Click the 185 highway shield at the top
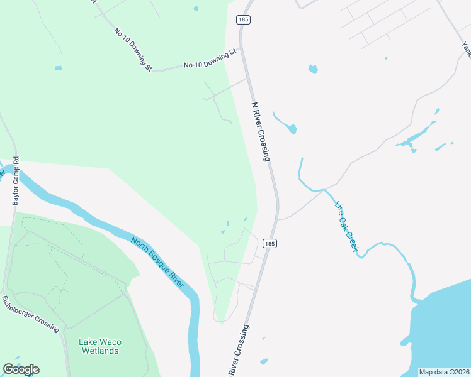pyautogui.click(x=244, y=20)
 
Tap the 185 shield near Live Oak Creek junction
pyautogui.click(x=270, y=243)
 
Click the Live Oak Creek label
pyautogui.click(x=346, y=227)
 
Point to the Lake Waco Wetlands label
pyautogui.click(x=100, y=346)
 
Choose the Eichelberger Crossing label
pyautogui.click(x=31, y=314)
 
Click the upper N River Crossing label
pyautogui.click(x=261, y=132)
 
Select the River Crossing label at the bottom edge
pyautogui.click(x=237, y=352)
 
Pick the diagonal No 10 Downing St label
pyautogui.click(x=133, y=49)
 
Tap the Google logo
pyautogui.click(x=21, y=369)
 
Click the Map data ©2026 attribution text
pyautogui.click(x=444, y=372)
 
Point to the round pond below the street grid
pyautogui.click(x=312, y=68)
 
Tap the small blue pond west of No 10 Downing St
pyautogui.click(x=59, y=68)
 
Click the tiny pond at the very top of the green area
pyautogui.click(x=196, y=8)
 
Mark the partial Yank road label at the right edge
pyautogui.click(x=467, y=49)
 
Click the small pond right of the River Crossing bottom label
pyautogui.click(x=264, y=361)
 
